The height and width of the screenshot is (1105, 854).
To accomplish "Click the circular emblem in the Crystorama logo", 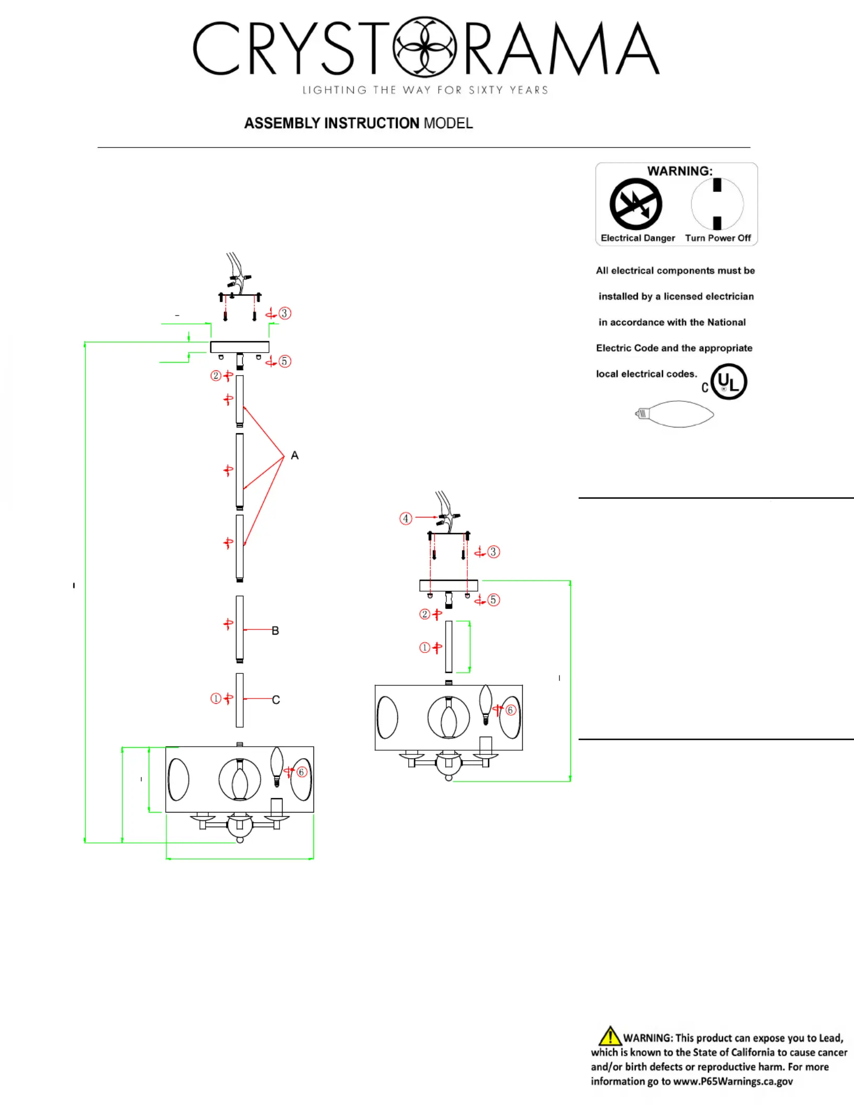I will tap(424, 47).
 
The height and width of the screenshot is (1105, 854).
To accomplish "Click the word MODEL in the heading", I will tap(448, 123).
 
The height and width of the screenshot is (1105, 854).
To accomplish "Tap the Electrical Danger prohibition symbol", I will tap(636, 204).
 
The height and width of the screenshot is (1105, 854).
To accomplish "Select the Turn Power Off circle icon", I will tap(717, 204).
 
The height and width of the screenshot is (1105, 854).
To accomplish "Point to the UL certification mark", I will tap(728, 382).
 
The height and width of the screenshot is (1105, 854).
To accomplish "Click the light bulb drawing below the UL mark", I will tap(675, 414).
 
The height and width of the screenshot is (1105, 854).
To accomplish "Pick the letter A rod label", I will tap(295, 456).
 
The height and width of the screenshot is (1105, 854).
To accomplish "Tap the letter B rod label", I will tap(275, 631).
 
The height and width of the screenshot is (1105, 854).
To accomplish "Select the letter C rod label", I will tap(276, 700).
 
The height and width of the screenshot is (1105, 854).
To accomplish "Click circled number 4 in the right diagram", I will tap(406, 518).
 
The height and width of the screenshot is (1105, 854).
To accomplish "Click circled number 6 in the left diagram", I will tap(301, 772).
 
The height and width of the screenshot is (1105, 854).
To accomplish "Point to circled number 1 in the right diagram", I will tap(425, 648).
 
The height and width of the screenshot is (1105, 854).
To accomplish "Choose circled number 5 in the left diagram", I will tap(285, 362).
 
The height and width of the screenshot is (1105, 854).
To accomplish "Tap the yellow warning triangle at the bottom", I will tap(610, 1036).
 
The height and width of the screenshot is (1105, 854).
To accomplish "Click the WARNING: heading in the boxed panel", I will tap(680, 171).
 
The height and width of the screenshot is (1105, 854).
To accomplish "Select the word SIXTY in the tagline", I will tap(486, 90).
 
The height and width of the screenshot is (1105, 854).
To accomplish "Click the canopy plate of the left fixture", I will tap(240, 347).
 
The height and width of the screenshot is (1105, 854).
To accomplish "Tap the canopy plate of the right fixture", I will tap(448, 585).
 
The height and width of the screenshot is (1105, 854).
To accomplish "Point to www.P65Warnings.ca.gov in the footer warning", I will tap(733, 1081).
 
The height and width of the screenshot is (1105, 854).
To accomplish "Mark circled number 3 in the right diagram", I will tap(493, 552).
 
